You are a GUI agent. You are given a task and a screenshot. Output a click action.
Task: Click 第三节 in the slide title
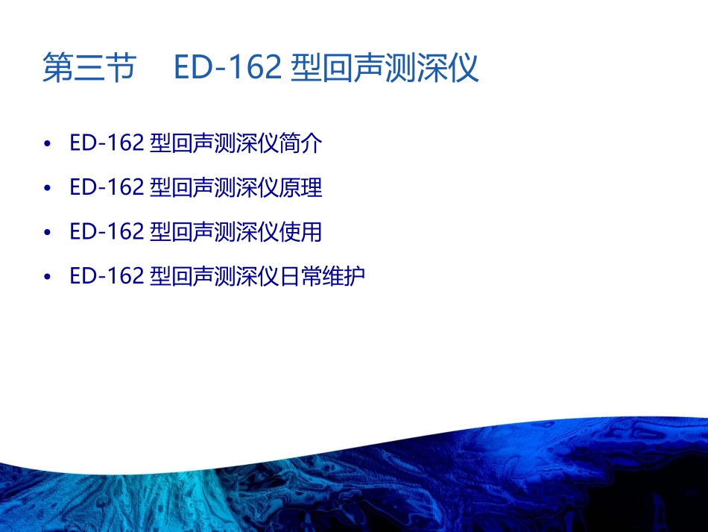[x=89, y=68]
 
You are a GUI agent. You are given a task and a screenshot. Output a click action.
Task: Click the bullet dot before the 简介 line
[x=48, y=144]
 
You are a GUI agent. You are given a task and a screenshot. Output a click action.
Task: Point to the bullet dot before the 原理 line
[x=48, y=188]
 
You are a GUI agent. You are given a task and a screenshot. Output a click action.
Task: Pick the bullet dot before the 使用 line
[x=48, y=232]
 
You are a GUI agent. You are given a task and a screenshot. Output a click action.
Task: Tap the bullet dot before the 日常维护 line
[x=48, y=277]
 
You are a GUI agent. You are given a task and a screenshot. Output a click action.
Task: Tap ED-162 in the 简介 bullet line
[x=107, y=143]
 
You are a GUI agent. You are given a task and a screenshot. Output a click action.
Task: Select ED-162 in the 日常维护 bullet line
[x=107, y=276]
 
